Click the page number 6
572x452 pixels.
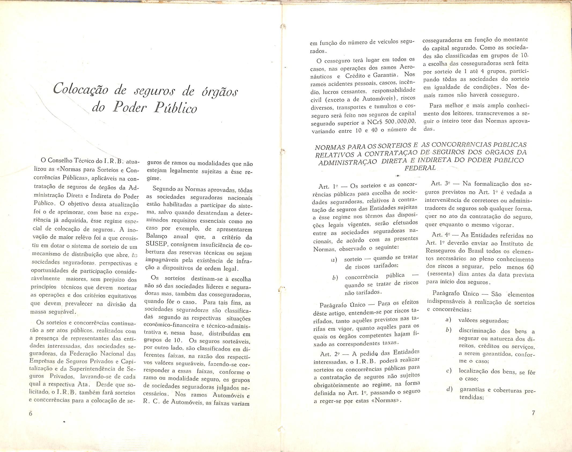pyautogui.click(x=30, y=413)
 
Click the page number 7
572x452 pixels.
pyautogui.click(x=533, y=413)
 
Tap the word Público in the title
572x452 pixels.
pyautogui.click(x=175, y=108)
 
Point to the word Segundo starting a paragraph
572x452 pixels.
pyautogui.click(x=162, y=189)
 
